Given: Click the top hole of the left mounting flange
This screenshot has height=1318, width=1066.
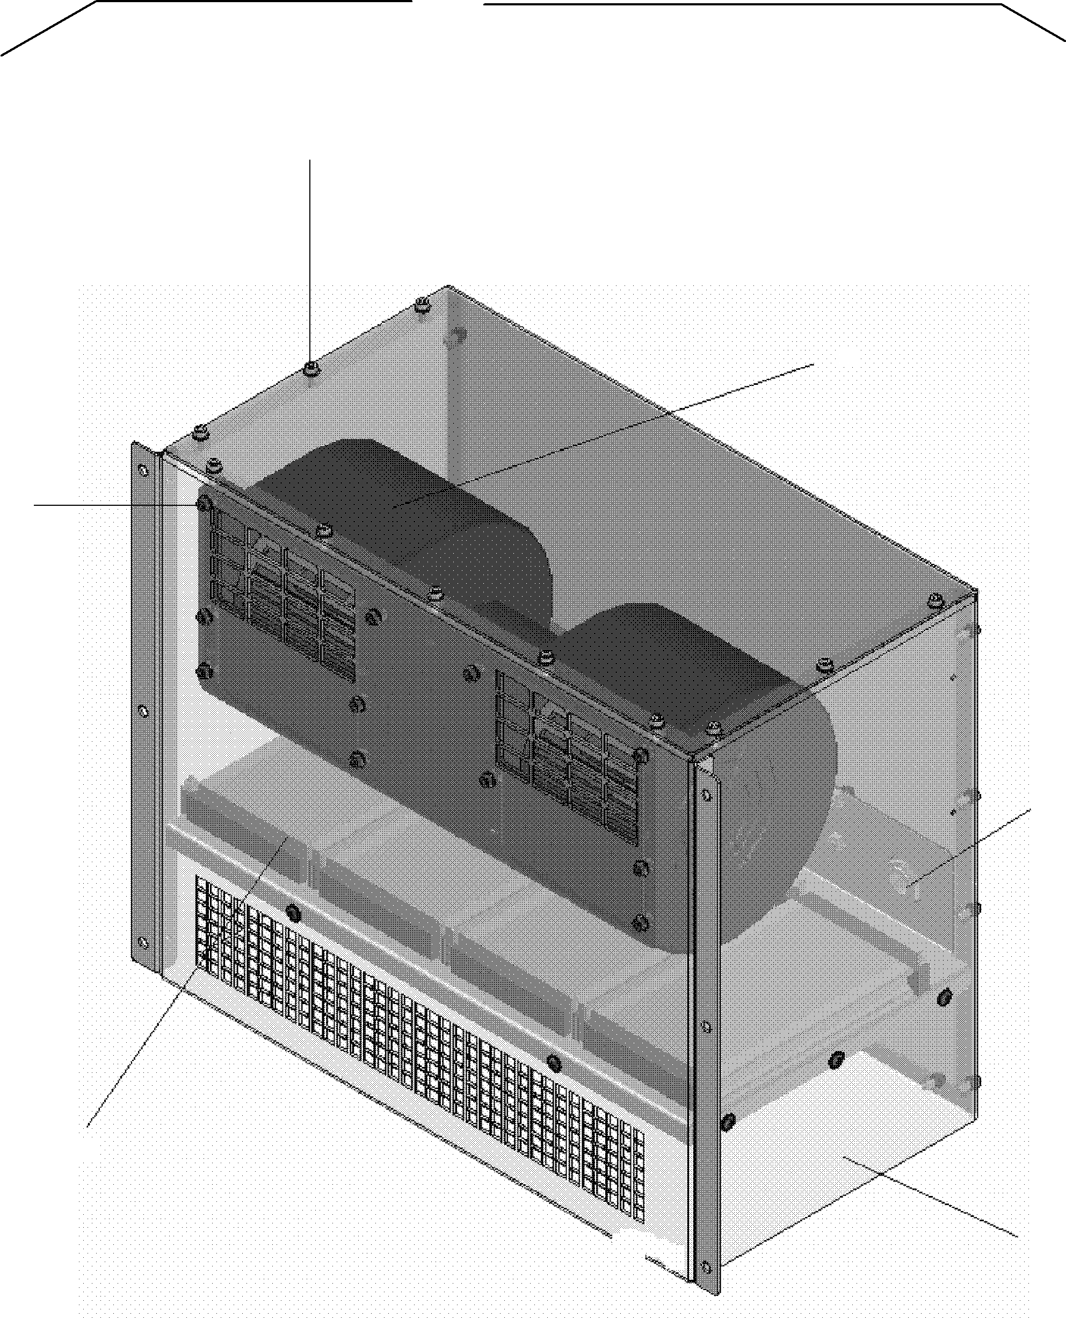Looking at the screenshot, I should [x=143, y=472].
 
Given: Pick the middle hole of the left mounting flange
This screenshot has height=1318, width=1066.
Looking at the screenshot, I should [x=143, y=712].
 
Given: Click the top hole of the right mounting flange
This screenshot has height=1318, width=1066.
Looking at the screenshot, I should [x=706, y=795].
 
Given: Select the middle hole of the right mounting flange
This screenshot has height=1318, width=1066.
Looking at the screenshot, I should [x=706, y=1026].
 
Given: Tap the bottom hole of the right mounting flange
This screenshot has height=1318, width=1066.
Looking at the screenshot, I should [x=706, y=1266].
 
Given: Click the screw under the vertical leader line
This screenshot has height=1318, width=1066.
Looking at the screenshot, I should [x=311, y=369].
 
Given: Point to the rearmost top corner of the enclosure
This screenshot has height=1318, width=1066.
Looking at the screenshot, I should [x=448, y=287].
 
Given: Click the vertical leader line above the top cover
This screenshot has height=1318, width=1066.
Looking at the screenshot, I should [x=310, y=258].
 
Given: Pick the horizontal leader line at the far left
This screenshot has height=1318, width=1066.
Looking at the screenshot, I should [x=111, y=505].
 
